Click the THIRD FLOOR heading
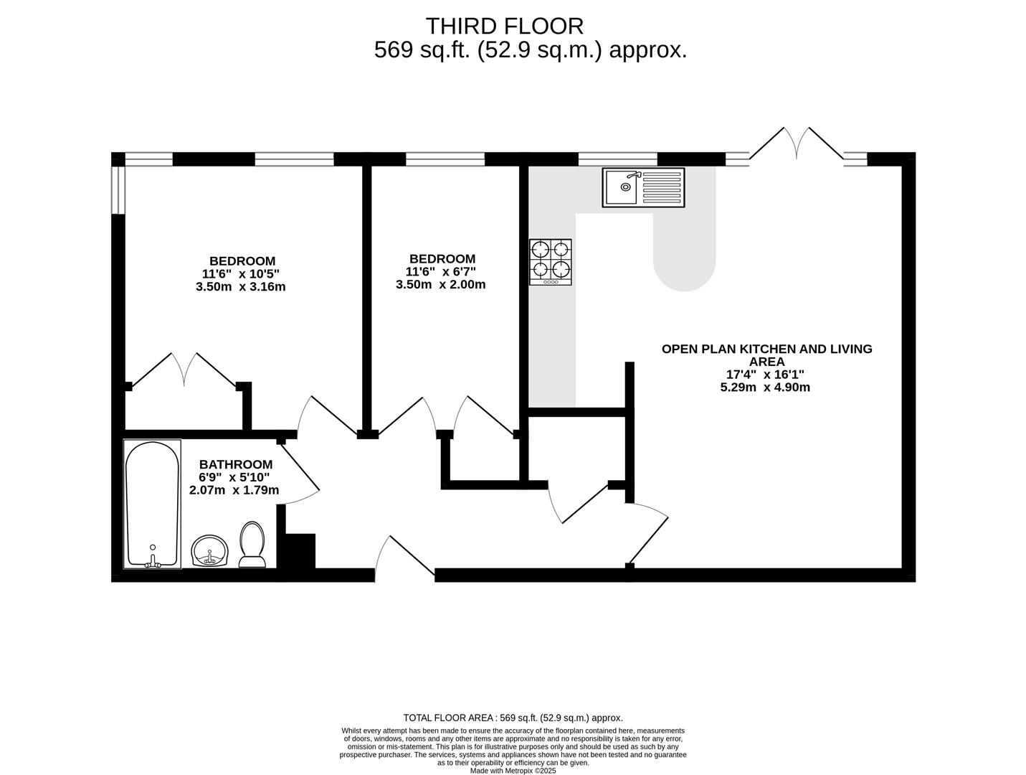click(x=505, y=26)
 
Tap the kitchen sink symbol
click(x=643, y=187)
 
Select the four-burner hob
click(x=551, y=261)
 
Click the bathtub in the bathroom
click(x=152, y=504)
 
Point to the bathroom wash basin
click(x=209, y=551)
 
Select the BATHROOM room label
click(x=235, y=464)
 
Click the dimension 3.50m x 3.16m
click(x=240, y=287)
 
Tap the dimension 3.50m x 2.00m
click(x=440, y=284)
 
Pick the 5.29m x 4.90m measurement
click(x=765, y=387)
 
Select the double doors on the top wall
click(x=796, y=146)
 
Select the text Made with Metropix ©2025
click(x=513, y=771)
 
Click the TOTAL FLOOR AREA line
click(x=513, y=718)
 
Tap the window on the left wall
click(x=118, y=190)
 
